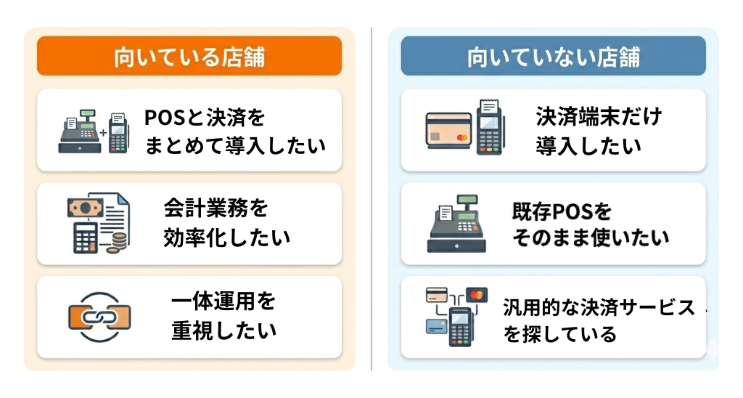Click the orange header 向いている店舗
189,56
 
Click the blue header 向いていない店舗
553,56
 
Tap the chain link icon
99,317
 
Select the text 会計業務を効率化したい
227,222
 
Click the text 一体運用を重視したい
223,316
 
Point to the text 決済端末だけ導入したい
599,131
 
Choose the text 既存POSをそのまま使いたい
591,224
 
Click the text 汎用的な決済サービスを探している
599,320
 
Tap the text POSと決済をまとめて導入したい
235,131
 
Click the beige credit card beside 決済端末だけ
448,131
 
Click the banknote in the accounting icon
86,208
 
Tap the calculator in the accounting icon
86,237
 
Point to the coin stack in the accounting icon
117,243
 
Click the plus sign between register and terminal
103,134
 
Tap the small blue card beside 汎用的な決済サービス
436,326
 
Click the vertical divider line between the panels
371,199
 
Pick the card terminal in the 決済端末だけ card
490,127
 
